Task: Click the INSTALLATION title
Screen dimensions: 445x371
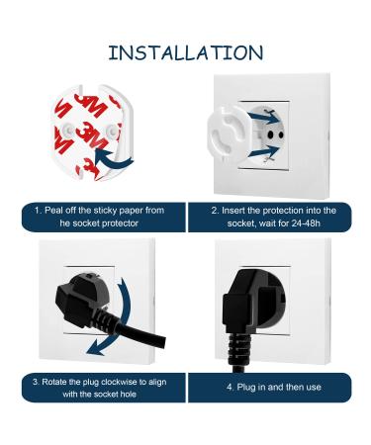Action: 186,52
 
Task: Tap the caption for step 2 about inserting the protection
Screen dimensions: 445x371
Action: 275,217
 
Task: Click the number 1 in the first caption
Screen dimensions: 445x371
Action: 37,211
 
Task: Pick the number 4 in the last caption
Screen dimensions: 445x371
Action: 230,387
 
